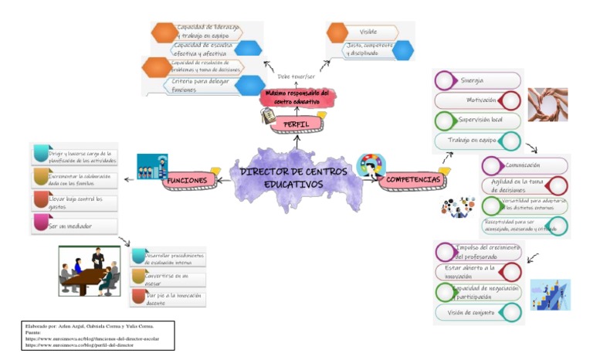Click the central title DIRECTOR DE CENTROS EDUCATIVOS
[x=292, y=178]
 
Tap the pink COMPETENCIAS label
[x=413, y=180]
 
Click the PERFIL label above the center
[x=297, y=124]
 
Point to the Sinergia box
[x=475, y=81]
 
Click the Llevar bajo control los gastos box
[x=74, y=202]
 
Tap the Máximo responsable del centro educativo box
[x=296, y=97]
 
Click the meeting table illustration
[x=90, y=271]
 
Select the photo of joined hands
[x=547, y=104]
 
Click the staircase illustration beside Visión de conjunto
[x=550, y=295]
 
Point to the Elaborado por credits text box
[x=99, y=335]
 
